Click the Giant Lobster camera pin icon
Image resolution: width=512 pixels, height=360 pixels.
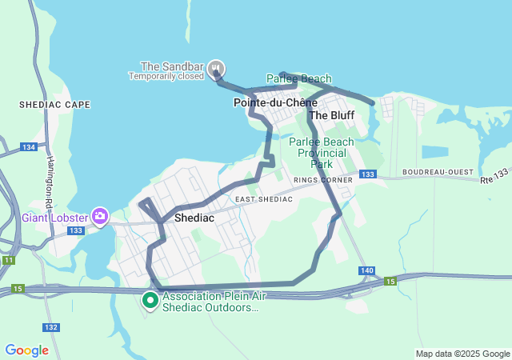[x=100, y=215]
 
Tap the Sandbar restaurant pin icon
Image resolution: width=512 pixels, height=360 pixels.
[x=214, y=69]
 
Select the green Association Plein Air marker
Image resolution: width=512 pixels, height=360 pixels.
[x=150, y=301]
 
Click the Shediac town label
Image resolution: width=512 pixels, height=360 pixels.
[x=192, y=217]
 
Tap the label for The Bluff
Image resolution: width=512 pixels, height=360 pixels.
[x=332, y=115]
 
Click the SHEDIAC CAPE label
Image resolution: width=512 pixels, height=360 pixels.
[x=55, y=105]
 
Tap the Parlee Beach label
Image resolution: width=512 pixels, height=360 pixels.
[x=298, y=79]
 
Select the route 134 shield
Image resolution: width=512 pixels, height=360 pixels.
[x=29, y=147]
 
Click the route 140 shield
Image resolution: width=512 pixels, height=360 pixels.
[x=366, y=271]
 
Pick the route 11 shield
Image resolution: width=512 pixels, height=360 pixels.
[x=9, y=261]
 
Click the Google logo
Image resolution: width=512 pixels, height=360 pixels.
[x=26, y=350]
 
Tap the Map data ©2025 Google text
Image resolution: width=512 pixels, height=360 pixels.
[x=462, y=354]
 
